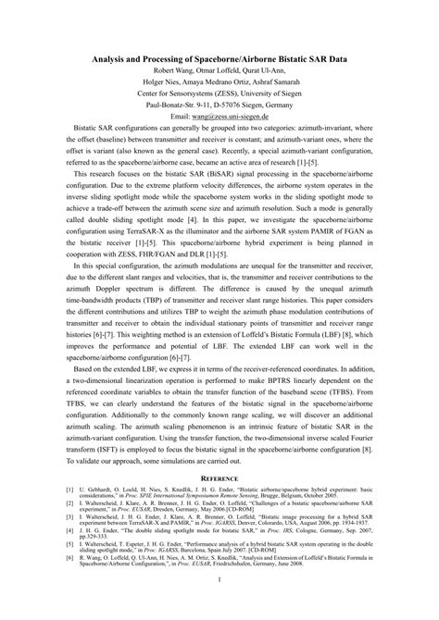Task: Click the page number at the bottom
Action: point(219,606)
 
